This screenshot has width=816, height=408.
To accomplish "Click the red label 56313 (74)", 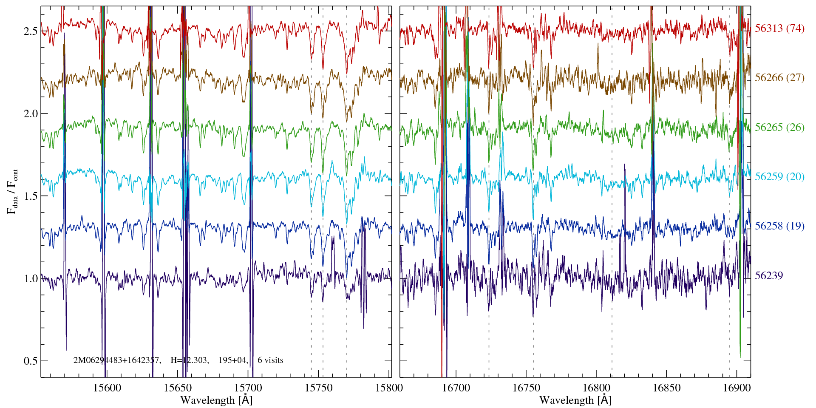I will pyautogui.click(x=779, y=28).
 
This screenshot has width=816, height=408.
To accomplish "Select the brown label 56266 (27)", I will pyautogui.click(x=779, y=78).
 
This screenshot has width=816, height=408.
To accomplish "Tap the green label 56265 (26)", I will pyautogui.click(x=779, y=127).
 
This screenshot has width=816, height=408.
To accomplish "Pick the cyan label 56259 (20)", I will pyautogui.click(x=779, y=177).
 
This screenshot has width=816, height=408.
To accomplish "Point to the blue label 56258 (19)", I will pyautogui.click(x=779, y=226).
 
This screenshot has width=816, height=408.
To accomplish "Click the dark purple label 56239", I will pyautogui.click(x=769, y=276).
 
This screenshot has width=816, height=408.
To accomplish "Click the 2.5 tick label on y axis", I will pyautogui.click(x=31, y=31).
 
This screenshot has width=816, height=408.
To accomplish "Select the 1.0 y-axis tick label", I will pyautogui.click(x=31, y=279).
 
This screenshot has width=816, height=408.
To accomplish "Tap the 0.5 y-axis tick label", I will pyautogui.click(x=31, y=361).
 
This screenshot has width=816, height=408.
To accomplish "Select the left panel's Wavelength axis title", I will pyautogui.click(x=216, y=400).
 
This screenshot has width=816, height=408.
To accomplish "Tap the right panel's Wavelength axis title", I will pyautogui.click(x=575, y=400).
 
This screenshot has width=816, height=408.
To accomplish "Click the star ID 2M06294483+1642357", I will pyautogui.click(x=117, y=360).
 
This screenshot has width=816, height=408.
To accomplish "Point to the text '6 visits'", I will pyautogui.click(x=270, y=360).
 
